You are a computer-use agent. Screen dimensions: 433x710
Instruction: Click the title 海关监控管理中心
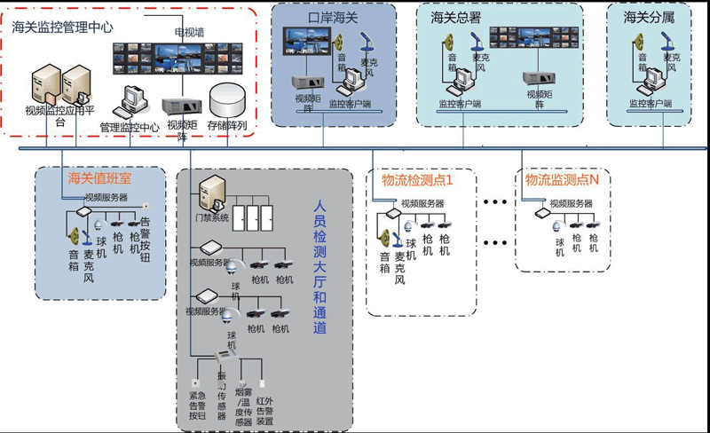(x=63, y=28)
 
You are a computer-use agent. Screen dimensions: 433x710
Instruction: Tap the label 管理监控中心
(x=130, y=127)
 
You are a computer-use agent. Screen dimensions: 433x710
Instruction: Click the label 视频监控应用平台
(x=60, y=116)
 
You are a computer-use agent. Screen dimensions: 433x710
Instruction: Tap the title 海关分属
(x=644, y=17)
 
